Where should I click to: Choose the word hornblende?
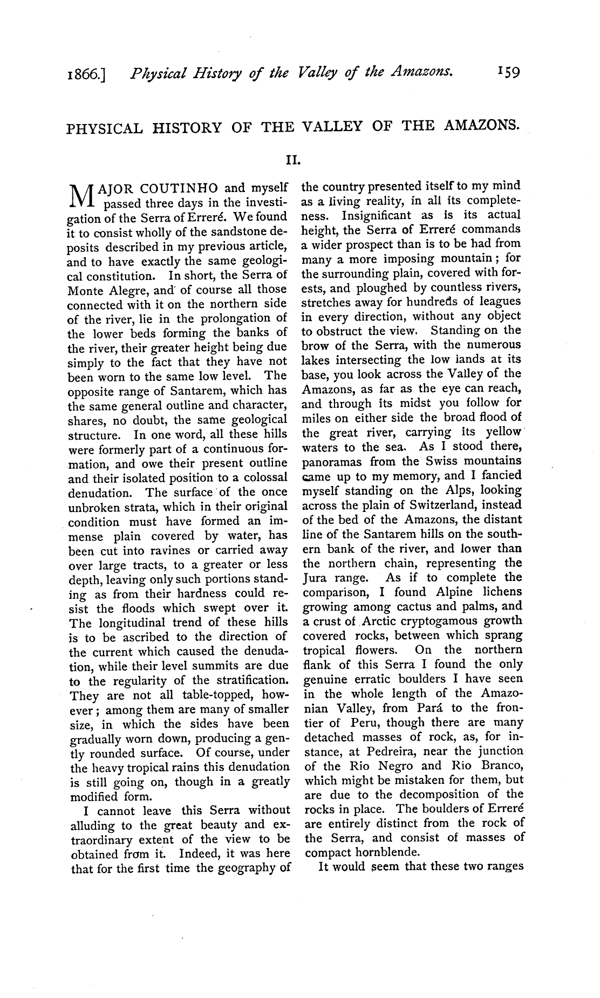click(389, 853)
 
